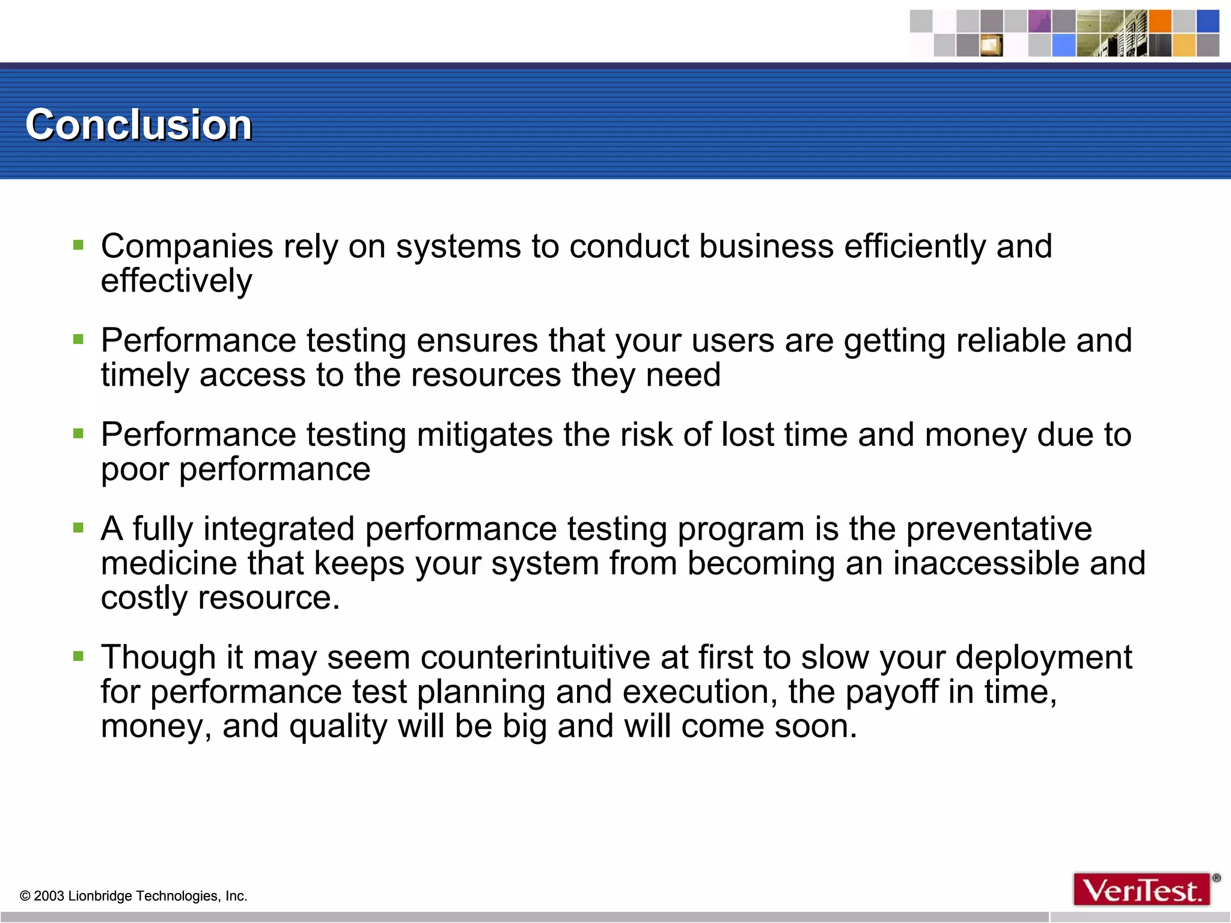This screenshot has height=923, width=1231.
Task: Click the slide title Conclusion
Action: click(138, 125)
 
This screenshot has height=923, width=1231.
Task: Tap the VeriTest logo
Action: click(1142, 889)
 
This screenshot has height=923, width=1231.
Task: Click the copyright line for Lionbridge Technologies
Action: click(133, 896)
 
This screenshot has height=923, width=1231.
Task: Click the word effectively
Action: click(176, 281)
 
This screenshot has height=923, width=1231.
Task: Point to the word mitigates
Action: click(484, 435)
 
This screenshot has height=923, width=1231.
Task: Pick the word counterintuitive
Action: click(535, 657)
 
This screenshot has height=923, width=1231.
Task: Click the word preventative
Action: click(998, 529)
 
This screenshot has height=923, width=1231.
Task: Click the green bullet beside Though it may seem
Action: click(78, 656)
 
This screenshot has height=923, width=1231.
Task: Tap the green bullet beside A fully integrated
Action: click(78, 528)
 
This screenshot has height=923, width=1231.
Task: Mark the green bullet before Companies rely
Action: click(78, 245)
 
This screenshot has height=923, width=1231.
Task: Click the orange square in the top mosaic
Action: click(1160, 21)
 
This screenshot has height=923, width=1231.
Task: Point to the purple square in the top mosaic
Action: click(1039, 21)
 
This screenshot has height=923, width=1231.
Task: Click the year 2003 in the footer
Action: click(49, 896)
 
